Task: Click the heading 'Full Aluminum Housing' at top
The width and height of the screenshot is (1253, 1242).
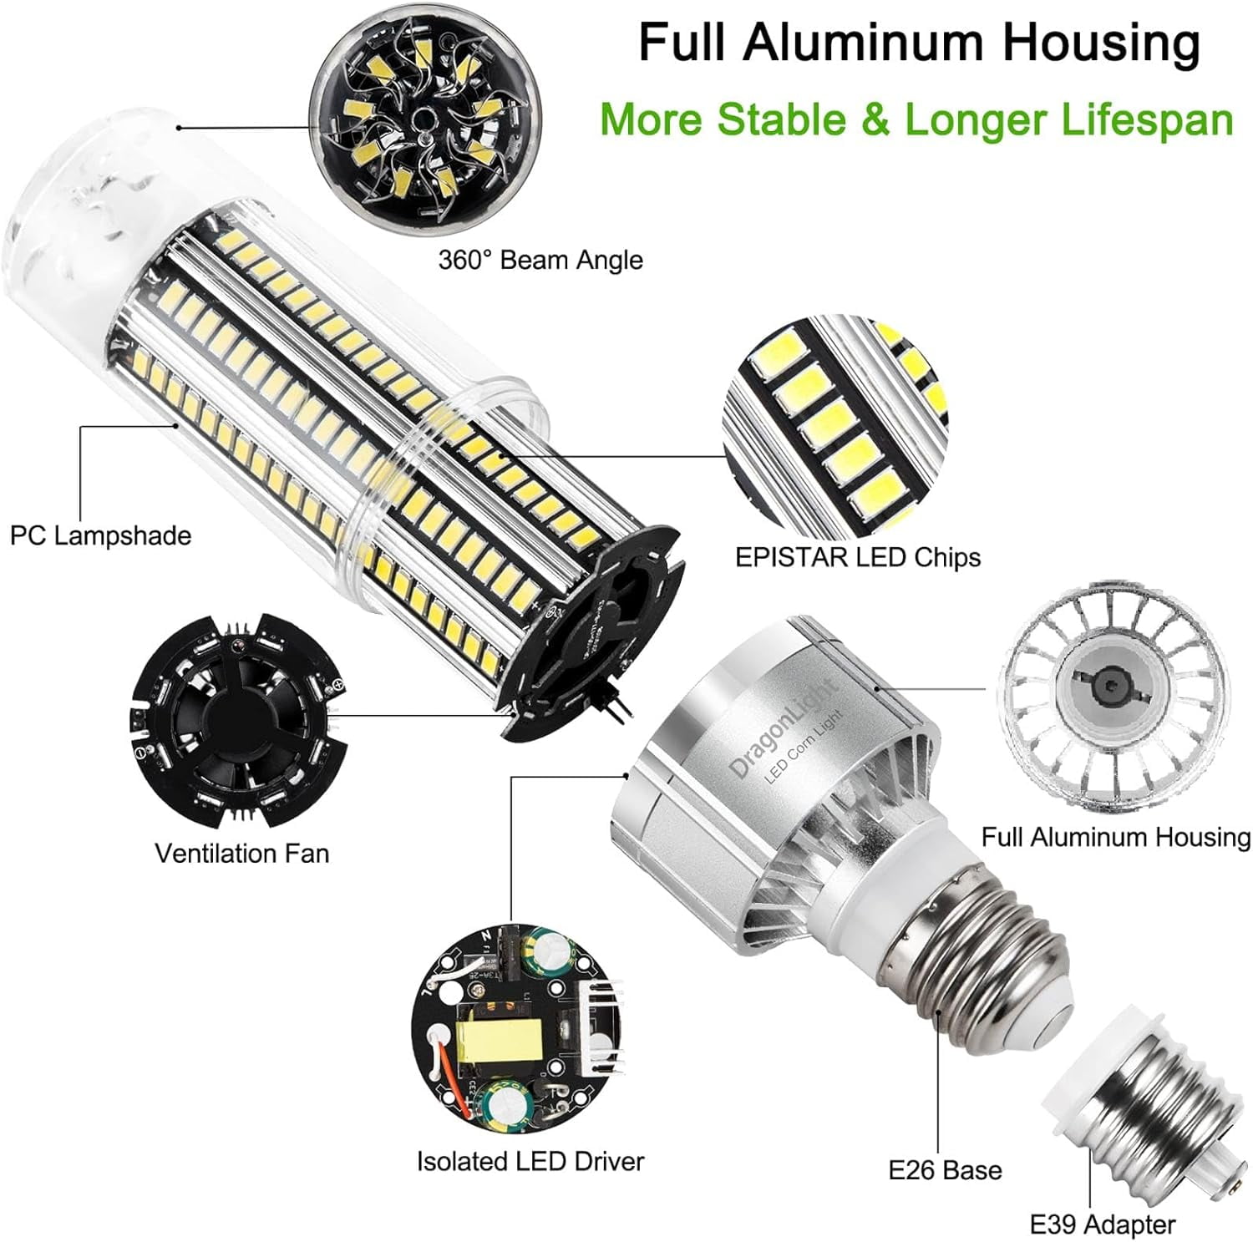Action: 919,43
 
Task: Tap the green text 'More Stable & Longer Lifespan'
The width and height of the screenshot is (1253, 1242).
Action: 916,119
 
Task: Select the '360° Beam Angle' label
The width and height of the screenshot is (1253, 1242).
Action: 540,260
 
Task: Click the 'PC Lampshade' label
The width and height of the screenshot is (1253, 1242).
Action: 100,535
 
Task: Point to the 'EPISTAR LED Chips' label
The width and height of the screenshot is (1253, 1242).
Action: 857,557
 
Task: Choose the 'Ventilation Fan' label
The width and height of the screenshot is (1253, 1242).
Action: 241,853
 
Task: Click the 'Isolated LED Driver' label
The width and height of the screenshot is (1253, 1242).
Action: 530,1161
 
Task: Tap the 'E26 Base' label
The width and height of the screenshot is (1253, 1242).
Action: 945,1170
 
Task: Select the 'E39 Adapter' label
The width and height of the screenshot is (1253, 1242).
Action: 1102,1224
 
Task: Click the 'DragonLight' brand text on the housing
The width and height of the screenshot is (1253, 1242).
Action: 783,728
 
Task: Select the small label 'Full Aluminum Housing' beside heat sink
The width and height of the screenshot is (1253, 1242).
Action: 1115,837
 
